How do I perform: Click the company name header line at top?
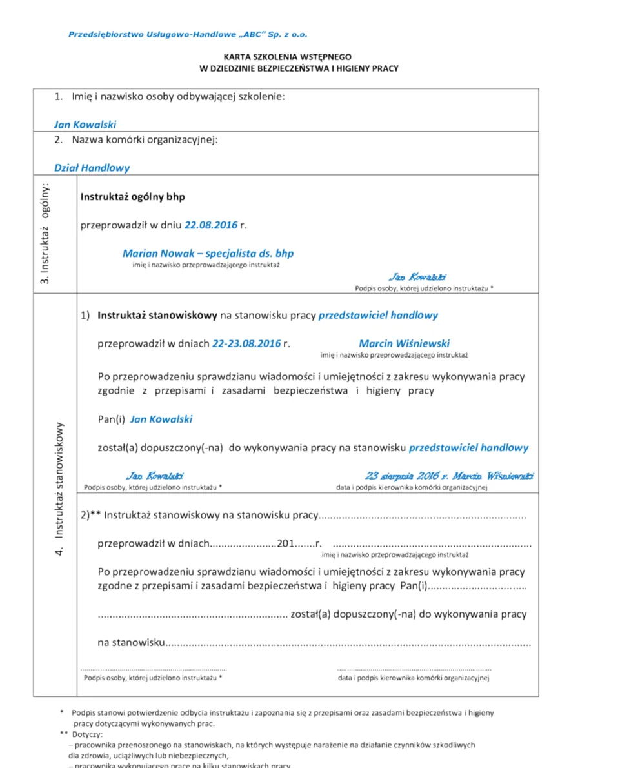click(x=192, y=34)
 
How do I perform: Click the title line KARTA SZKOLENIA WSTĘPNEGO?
click(x=287, y=57)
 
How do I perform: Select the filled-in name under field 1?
click(x=85, y=125)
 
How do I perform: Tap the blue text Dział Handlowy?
click(x=92, y=168)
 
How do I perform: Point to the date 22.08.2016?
click(x=211, y=225)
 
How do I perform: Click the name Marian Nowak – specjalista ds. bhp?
click(x=208, y=254)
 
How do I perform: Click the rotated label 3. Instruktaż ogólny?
click(x=45, y=233)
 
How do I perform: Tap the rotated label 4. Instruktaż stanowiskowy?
click(x=59, y=489)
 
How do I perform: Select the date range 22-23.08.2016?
click(x=246, y=343)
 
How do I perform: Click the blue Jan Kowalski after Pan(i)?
click(x=161, y=419)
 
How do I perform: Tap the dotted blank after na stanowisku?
click(x=348, y=643)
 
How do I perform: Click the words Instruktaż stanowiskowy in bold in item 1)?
click(x=157, y=316)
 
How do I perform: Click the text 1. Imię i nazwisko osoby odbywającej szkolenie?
click(x=169, y=97)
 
